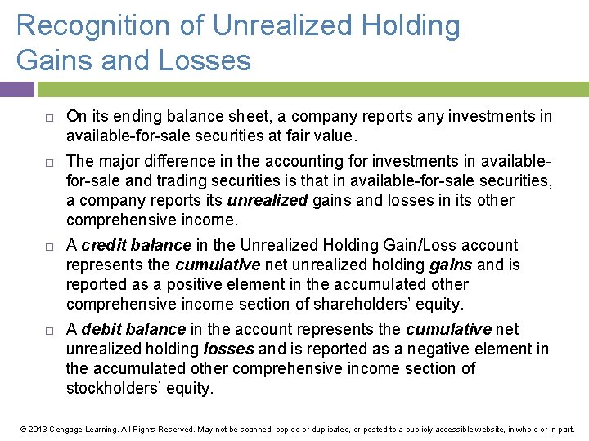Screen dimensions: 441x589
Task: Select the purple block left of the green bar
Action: (17, 89)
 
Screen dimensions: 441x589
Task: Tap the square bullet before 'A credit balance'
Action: (49, 246)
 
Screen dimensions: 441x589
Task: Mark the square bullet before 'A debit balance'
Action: (49, 330)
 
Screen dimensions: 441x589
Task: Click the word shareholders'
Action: (371, 304)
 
